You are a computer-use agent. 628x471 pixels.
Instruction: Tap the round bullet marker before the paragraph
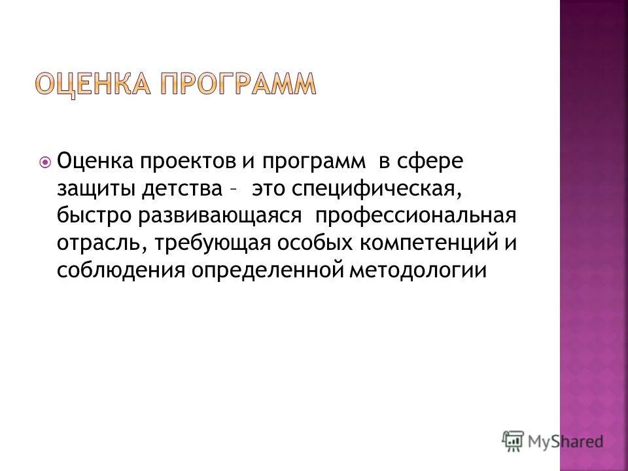pos(45,162)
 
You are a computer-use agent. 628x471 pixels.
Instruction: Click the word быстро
pos(94,216)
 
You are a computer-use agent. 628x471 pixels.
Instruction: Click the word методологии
pos(418,270)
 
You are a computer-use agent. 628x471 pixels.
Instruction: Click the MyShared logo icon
pos(513,441)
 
